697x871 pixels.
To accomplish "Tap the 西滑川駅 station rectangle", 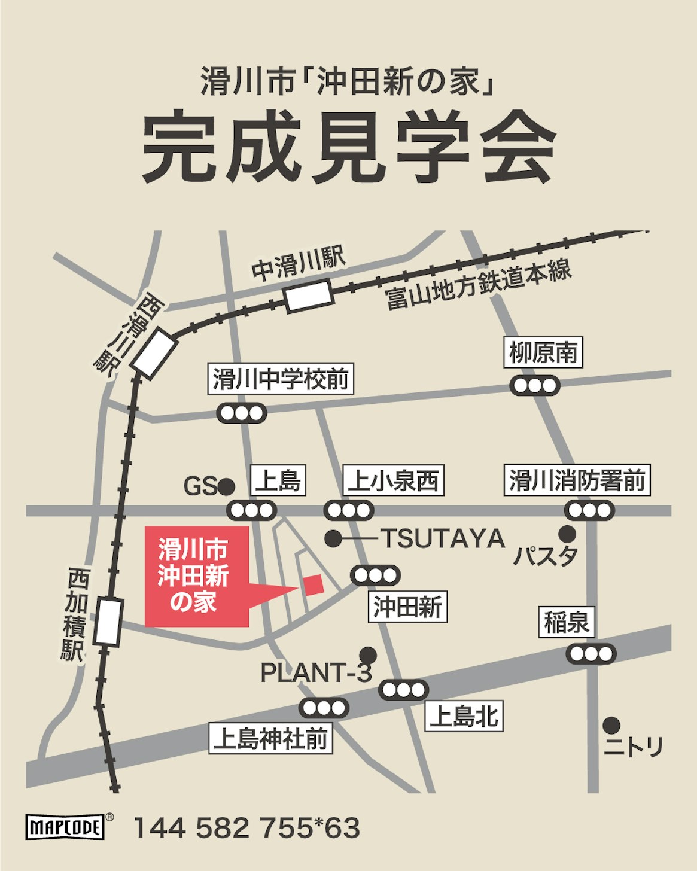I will click(154, 353).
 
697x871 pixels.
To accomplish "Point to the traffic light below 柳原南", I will click(535, 385).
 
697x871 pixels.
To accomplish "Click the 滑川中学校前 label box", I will click(281, 379).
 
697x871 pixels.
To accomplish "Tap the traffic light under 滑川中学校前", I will click(242, 413).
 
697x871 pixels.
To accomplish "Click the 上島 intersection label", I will click(278, 480).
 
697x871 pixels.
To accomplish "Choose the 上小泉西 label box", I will click(394, 480).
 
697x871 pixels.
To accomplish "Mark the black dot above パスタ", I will click(567, 534).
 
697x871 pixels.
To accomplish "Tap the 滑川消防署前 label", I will click(577, 480).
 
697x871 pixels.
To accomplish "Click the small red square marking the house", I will click(313, 583).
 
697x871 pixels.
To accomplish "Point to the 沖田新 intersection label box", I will click(407, 607).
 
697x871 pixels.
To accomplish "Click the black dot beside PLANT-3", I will click(368, 655).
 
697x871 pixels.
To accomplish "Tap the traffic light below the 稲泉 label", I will click(591, 654).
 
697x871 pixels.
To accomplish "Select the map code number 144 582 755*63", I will click(246, 829).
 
